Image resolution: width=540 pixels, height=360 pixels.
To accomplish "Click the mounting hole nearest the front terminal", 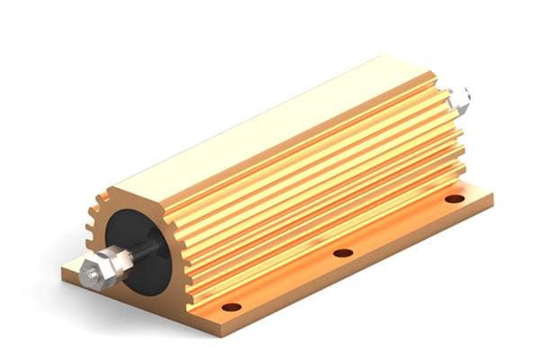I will (x=232, y=307).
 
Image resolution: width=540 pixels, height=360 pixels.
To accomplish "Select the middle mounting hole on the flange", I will (x=343, y=253).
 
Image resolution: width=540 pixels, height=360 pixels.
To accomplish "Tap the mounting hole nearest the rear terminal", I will (x=454, y=198).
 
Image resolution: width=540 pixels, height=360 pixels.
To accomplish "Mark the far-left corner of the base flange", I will (x=63, y=268).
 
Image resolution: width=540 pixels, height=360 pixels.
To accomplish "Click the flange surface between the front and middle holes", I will (x=288, y=281).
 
